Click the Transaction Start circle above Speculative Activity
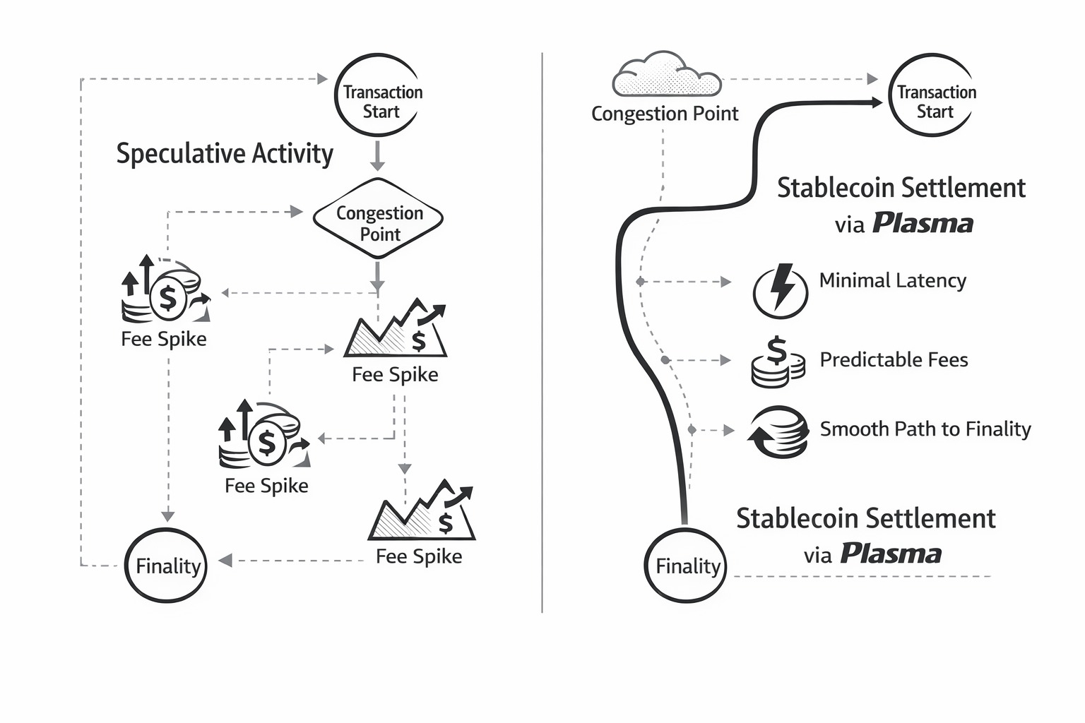coord(378,95)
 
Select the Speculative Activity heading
coord(225,154)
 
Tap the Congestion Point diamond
coord(378,220)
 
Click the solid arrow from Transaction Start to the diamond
coord(378,156)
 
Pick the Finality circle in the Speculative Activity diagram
coord(166,565)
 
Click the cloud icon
coord(667,75)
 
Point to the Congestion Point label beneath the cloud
coord(665,114)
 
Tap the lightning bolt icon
coord(780,289)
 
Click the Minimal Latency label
coord(892,281)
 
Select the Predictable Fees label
coord(894,360)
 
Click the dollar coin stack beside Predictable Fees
coord(778,362)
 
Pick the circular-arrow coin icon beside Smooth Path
coord(778,431)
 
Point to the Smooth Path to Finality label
coord(925,429)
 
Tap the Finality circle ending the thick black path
coord(685,565)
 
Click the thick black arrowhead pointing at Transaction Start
coord(876,102)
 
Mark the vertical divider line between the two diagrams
coord(542,332)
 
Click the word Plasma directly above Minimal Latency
coord(923,224)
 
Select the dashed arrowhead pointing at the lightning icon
coord(725,282)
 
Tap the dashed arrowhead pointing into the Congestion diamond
coord(297,211)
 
